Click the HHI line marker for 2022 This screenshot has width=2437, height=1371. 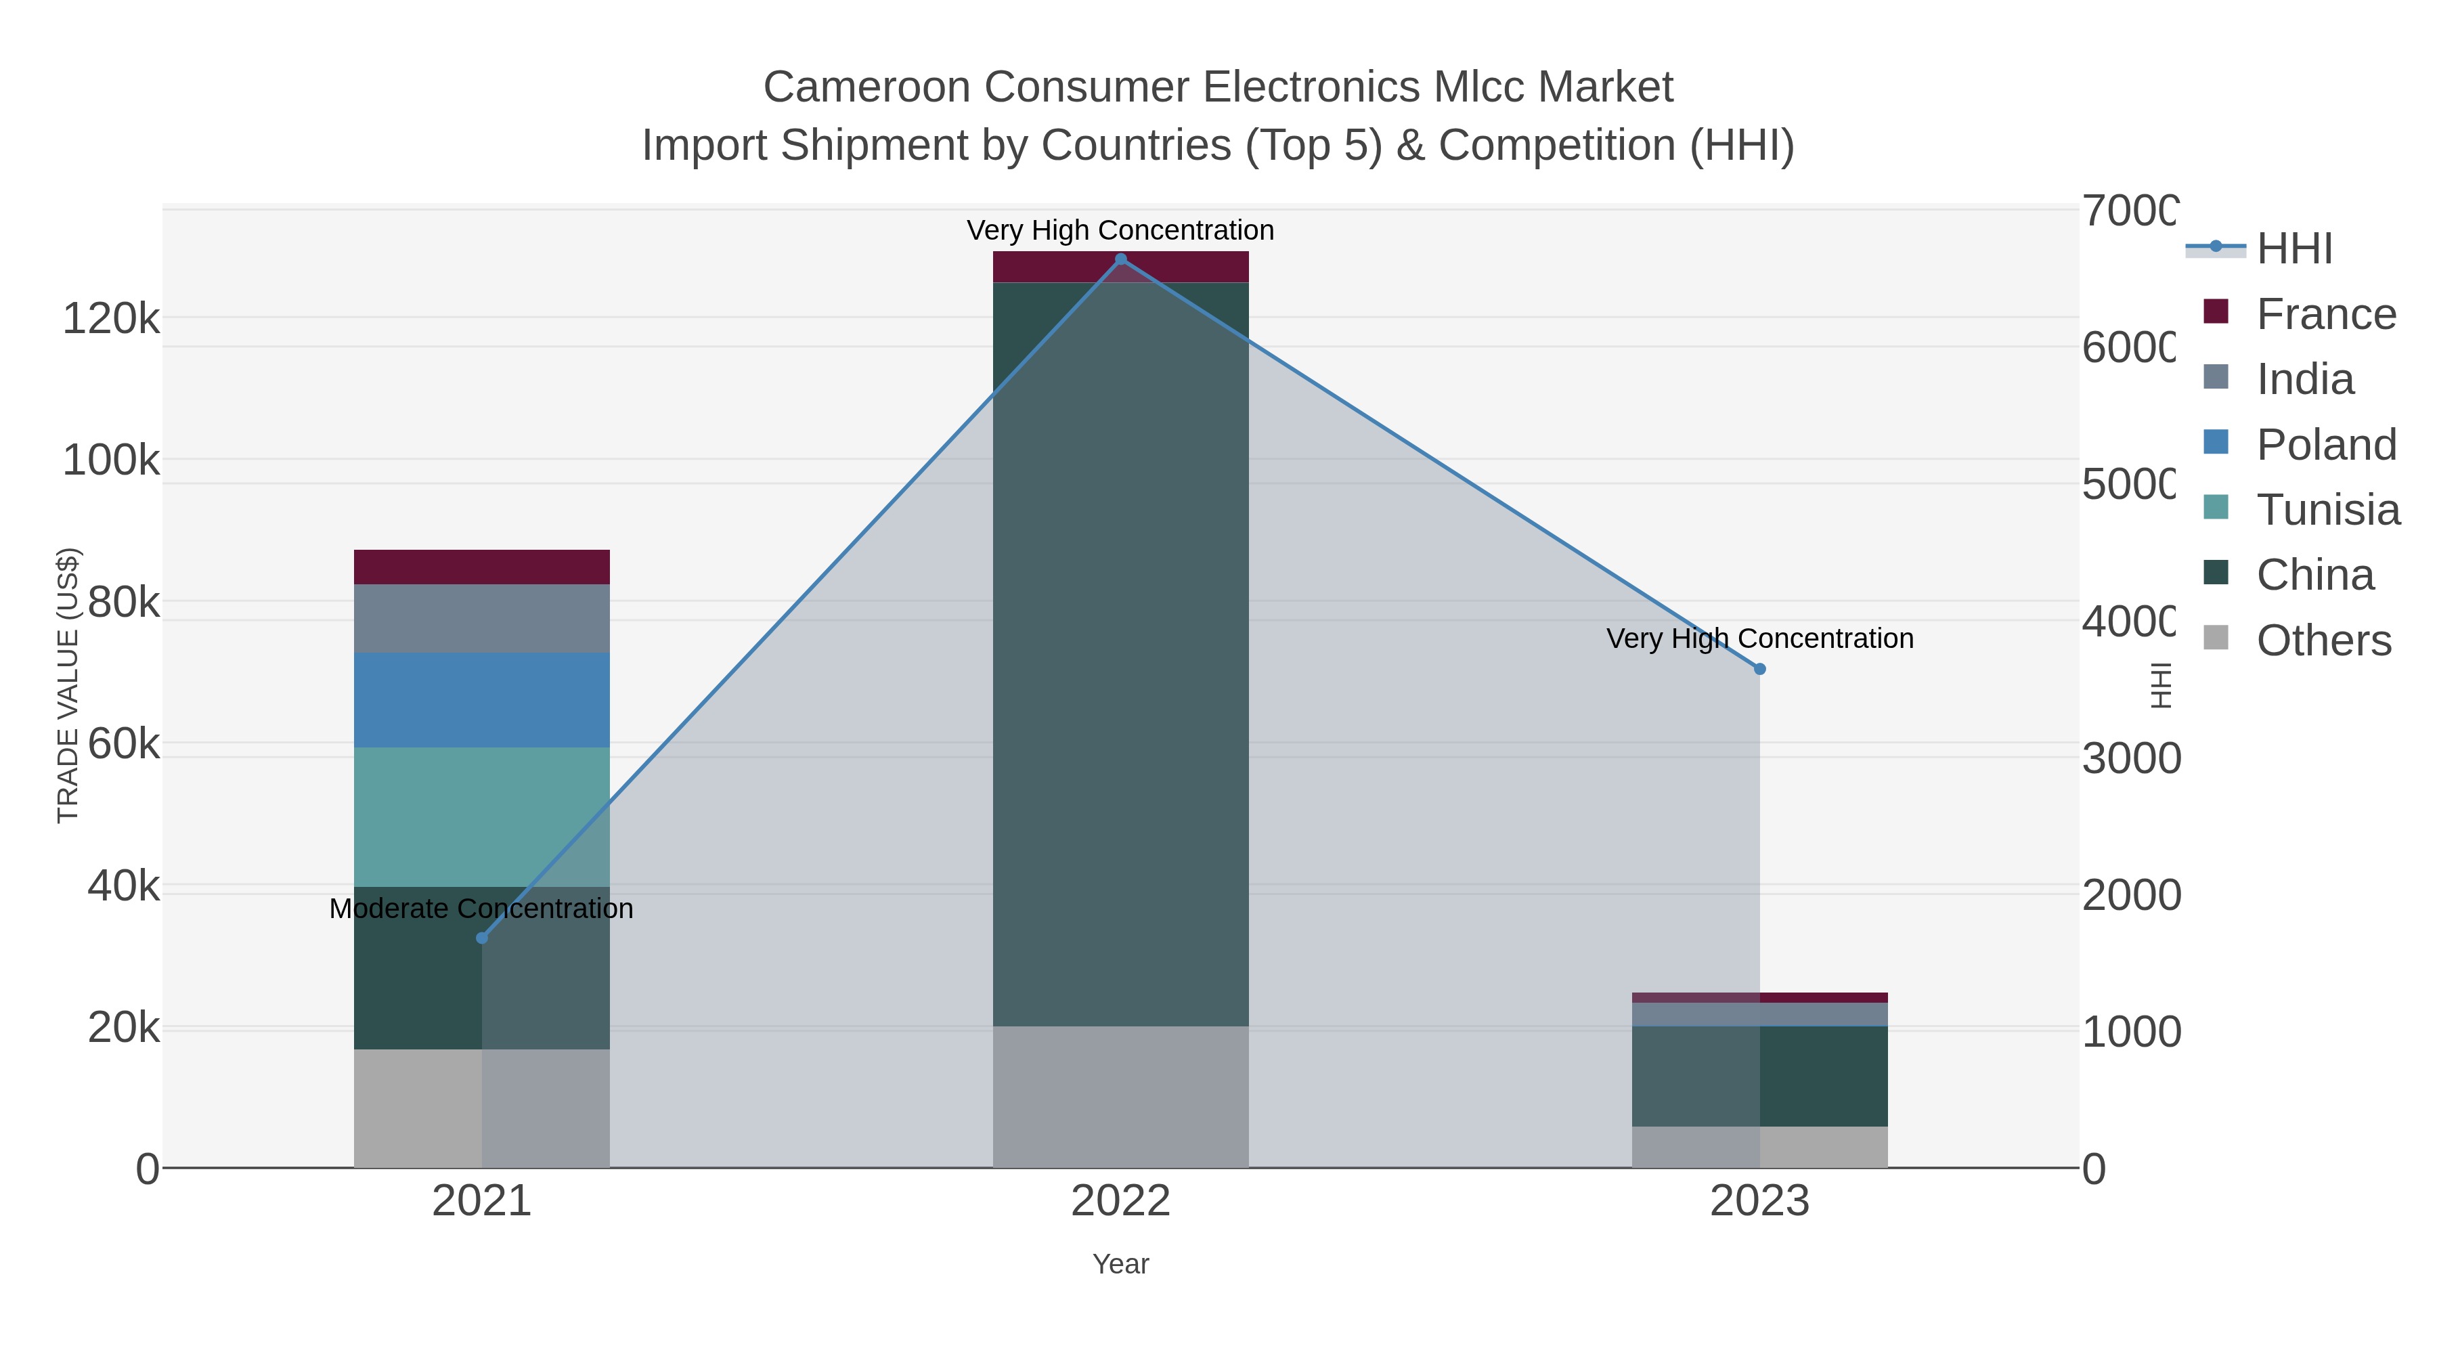(x=1121, y=259)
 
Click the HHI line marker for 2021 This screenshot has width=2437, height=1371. (x=481, y=938)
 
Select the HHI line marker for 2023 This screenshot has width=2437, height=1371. (x=1759, y=669)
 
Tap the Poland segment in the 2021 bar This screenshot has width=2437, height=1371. (x=481, y=700)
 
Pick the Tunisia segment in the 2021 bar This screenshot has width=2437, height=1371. (x=481, y=817)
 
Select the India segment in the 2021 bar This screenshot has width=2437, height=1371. (x=481, y=618)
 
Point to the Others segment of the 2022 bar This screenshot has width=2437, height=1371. (x=1121, y=1097)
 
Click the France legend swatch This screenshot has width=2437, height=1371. (x=2216, y=312)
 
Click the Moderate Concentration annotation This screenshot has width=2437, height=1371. (x=481, y=909)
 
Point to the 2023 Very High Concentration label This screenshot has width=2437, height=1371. (x=1759, y=638)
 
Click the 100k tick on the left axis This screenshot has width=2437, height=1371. (x=111, y=461)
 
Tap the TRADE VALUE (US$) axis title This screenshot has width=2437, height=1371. (x=68, y=685)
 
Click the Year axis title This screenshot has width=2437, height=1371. (x=1121, y=1264)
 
